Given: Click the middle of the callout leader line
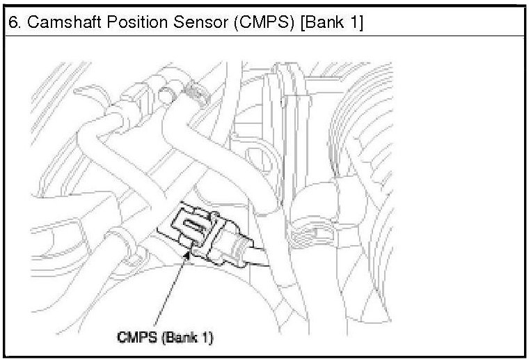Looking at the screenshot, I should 170,292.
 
